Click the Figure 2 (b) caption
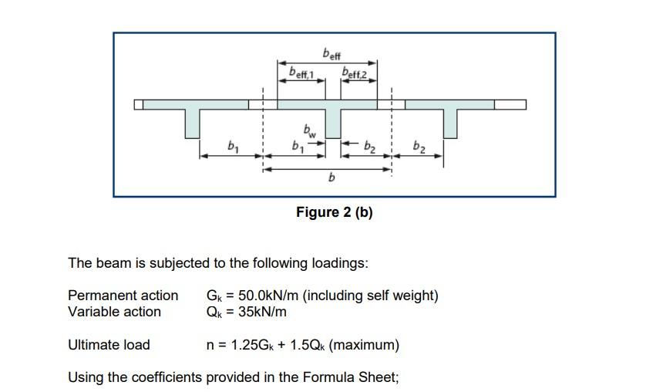click(x=334, y=212)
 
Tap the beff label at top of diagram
click(x=331, y=55)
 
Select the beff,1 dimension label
click(x=300, y=73)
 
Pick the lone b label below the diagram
click(x=331, y=178)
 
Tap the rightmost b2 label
click(x=419, y=145)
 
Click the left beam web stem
click(x=193, y=123)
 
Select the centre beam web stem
click(x=333, y=123)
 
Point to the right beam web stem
click(x=450, y=123)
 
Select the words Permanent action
click(x=123, y=296)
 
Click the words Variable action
click(x=114, y=312)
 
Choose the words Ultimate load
click(x=109, y=345)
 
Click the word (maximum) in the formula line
click(x=364, y=345)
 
